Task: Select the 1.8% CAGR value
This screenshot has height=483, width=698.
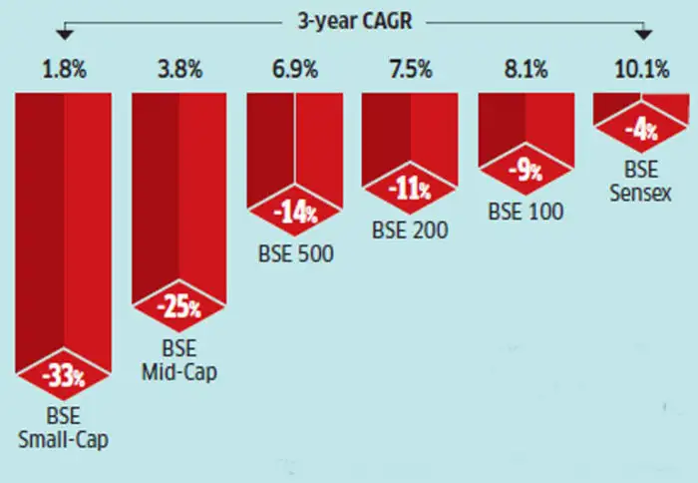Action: coord(63,72)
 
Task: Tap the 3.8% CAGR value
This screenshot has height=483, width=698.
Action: coord(179,72)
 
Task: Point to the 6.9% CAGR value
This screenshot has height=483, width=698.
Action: coord(295,72)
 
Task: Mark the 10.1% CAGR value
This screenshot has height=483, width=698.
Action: coord(639,72)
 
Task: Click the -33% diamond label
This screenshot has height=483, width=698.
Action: coord(63,378)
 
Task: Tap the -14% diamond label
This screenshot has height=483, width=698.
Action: coord(295,213)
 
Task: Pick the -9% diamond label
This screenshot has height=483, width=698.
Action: coord(524,171)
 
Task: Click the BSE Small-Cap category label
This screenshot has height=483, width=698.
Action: coord(63,426)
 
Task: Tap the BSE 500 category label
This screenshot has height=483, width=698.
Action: coord(295,253)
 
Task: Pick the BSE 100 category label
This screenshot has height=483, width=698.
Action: coord(524,212)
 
